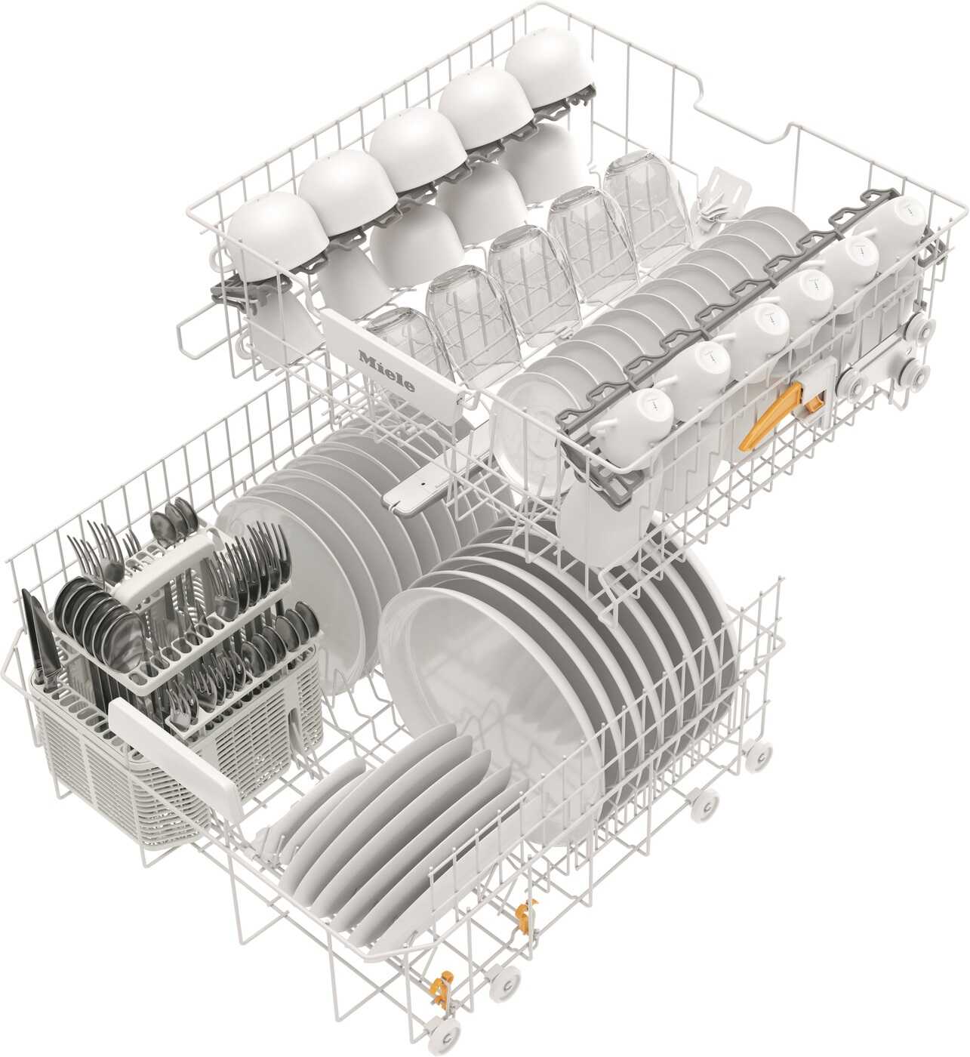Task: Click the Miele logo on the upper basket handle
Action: coord(386,371)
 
